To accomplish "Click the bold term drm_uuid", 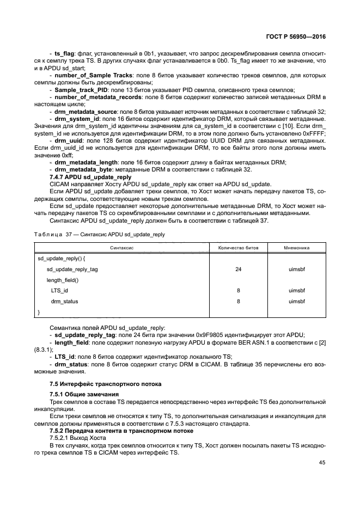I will pyautogui.click(x=67, y=140).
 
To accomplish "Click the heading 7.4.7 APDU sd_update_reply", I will pyautogui.click(x=90, y=177).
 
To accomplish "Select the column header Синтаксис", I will pyautogui.click(x=123, y=247).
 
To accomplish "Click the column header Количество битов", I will pyautogui.click(x=239, y=247).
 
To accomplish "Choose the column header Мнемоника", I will pyautogui.click(x=297, y=247).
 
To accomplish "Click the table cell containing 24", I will pyautogui.click(x=239, y=269).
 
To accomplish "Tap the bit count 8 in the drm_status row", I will pyautogui.click(x=239, y=301).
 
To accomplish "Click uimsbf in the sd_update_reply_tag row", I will pyautogui.click(x=297, y=269).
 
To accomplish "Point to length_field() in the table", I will pyautogui.click(x=63, y=280).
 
